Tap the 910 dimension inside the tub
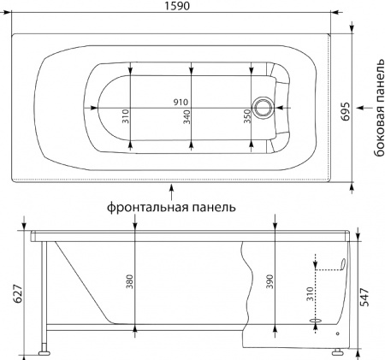(181, 102)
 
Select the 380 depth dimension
(129, 281)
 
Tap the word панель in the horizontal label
(210, 207)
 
